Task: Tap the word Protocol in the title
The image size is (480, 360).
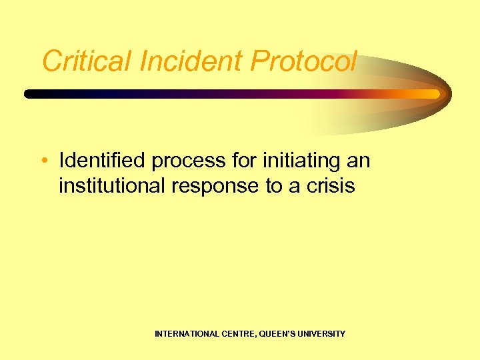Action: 304,62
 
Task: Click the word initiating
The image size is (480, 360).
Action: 298,161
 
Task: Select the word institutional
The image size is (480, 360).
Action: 113,186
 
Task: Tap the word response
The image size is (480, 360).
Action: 217,186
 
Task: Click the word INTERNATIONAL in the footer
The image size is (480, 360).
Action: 185,333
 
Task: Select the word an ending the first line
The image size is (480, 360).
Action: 359,161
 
